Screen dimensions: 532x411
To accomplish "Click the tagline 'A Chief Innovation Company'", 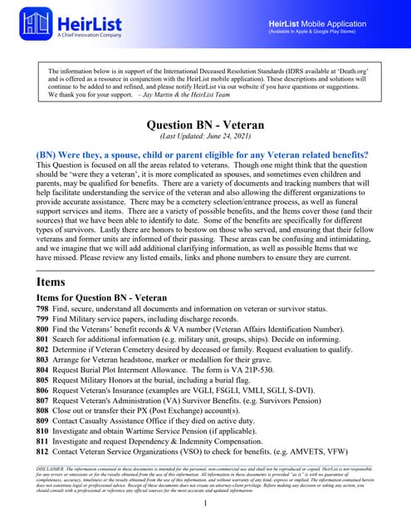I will coord(90,36).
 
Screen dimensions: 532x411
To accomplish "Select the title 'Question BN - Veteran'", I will coord(205,126).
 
